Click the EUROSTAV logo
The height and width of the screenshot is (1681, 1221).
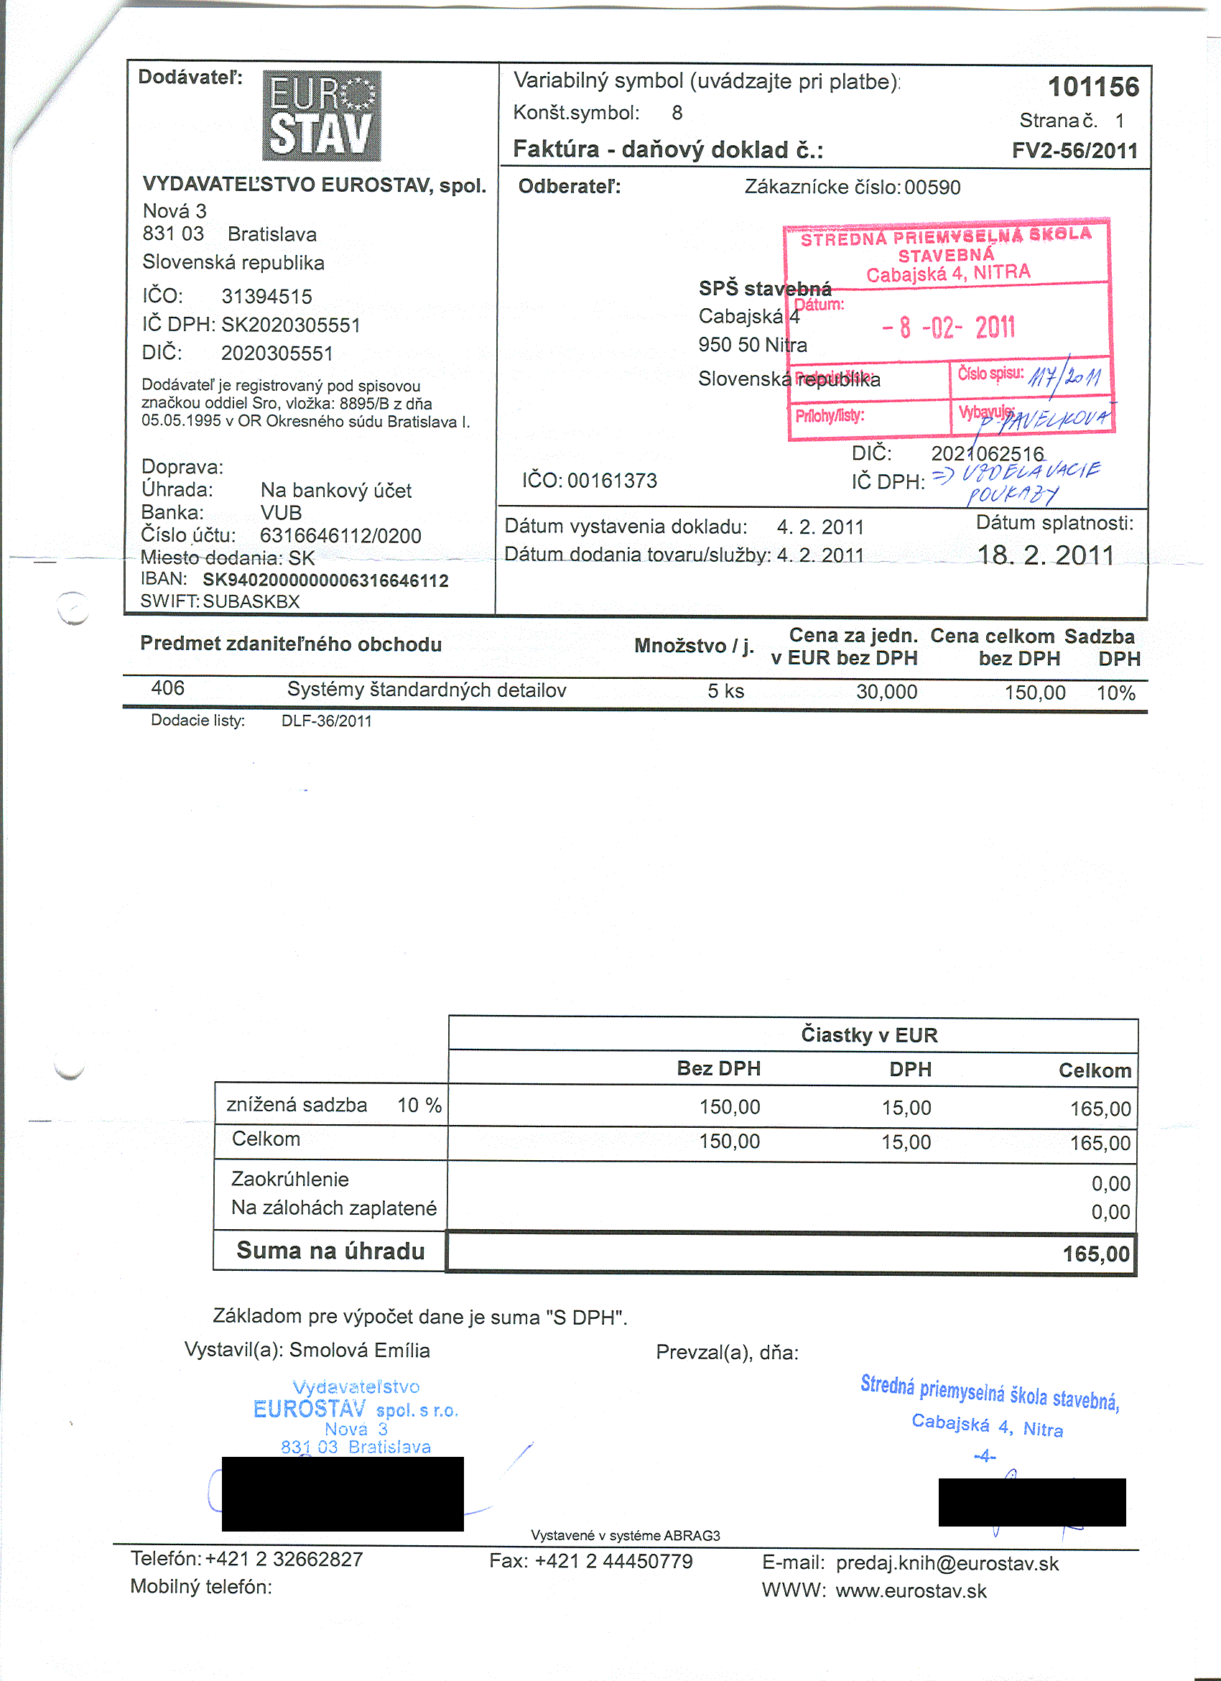322,116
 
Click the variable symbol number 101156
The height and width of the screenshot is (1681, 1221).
1093,88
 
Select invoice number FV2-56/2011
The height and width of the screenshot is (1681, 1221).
1074,151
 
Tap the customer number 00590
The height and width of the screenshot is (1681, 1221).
932,187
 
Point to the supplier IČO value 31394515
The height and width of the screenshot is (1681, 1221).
266,297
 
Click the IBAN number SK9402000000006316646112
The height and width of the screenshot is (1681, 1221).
325,580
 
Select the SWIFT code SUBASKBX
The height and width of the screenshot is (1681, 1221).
251,601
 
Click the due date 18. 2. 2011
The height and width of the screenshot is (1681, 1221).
1046,555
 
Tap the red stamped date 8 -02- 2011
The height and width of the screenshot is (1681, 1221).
948,327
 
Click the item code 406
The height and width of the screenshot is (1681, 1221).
167,688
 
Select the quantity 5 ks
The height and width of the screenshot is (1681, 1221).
725,692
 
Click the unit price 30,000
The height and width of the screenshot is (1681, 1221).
886,693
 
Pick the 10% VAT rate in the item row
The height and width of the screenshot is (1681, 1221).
1116,693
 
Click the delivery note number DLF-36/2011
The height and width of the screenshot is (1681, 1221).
326,721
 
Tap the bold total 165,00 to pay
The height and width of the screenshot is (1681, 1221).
1096,1254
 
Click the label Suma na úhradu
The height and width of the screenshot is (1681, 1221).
330,1251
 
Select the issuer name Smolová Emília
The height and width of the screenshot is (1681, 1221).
359,1351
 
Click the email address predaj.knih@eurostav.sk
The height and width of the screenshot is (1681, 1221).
947,1563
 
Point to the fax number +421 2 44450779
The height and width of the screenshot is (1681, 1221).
613,1561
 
